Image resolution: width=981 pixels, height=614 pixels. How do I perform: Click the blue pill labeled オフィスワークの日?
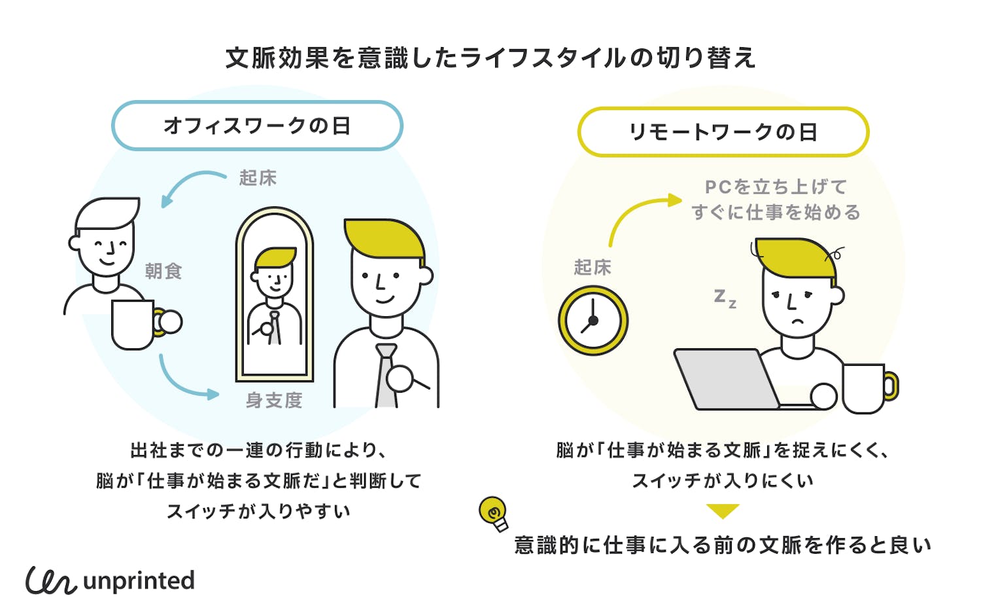coord(257,126)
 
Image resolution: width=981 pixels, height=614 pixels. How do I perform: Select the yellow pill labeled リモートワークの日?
coord(723,132)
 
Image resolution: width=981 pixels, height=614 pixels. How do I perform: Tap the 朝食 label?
coord(163,271)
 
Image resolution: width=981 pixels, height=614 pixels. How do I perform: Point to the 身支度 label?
coord(274,400)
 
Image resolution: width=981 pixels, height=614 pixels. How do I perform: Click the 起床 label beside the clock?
coord(593,267)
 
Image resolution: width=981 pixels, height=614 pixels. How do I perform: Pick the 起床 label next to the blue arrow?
coord(258,178)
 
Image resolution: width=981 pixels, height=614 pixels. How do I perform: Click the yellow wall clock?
coord(593,321)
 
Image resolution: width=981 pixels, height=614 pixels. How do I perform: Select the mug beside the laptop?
coord(867,388)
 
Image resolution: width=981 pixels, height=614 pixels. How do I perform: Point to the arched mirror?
coord(275,295)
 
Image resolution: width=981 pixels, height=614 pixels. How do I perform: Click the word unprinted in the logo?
coord(139,581)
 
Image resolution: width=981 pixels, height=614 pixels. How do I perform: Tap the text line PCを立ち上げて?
coord(776,187)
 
